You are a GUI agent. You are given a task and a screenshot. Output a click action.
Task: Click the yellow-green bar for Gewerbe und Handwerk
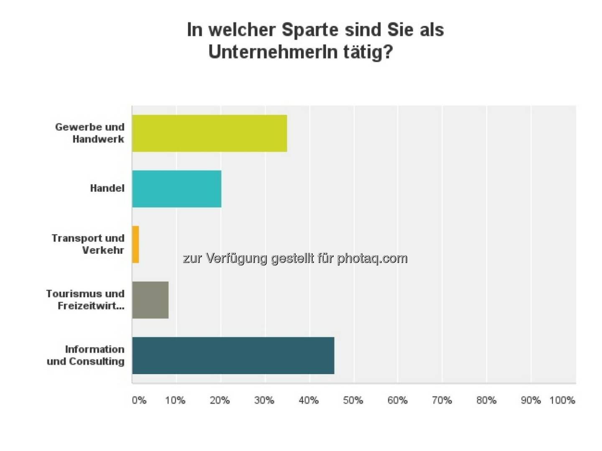pos(209,133)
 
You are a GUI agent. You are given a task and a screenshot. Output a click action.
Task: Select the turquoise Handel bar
pos(176,189)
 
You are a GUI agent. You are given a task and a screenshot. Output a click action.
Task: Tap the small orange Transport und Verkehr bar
pos(135,245)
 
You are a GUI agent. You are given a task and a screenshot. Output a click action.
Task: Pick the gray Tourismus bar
pos(150,300)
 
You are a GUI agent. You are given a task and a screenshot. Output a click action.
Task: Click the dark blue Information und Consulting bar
pos(233,356)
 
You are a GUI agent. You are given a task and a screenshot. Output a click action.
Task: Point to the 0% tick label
pos(139,400)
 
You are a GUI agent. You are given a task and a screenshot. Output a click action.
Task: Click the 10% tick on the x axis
pos(175,400)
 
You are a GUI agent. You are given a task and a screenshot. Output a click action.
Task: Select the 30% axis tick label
pos(264,400)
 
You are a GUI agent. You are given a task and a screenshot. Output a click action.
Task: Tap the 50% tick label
pos(353,400)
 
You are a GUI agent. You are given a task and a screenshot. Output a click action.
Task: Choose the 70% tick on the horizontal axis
pos(442,400)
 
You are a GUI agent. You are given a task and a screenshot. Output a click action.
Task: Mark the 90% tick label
pos(531,400)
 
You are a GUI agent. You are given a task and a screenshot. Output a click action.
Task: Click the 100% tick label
pos(562,400)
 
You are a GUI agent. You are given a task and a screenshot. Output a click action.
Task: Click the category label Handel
pos(107,189)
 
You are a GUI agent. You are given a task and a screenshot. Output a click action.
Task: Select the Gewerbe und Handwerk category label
pos(90,133)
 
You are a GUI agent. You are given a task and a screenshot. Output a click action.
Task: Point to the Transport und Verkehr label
pos(88,244)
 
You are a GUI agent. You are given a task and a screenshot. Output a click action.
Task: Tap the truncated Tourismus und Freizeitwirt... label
pos(86,300)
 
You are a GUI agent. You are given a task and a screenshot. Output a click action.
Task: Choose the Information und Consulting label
pos(86,355)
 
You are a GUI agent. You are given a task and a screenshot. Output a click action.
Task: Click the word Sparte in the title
pos(310,30)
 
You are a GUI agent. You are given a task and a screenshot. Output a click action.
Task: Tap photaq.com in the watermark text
pos(372,258)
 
